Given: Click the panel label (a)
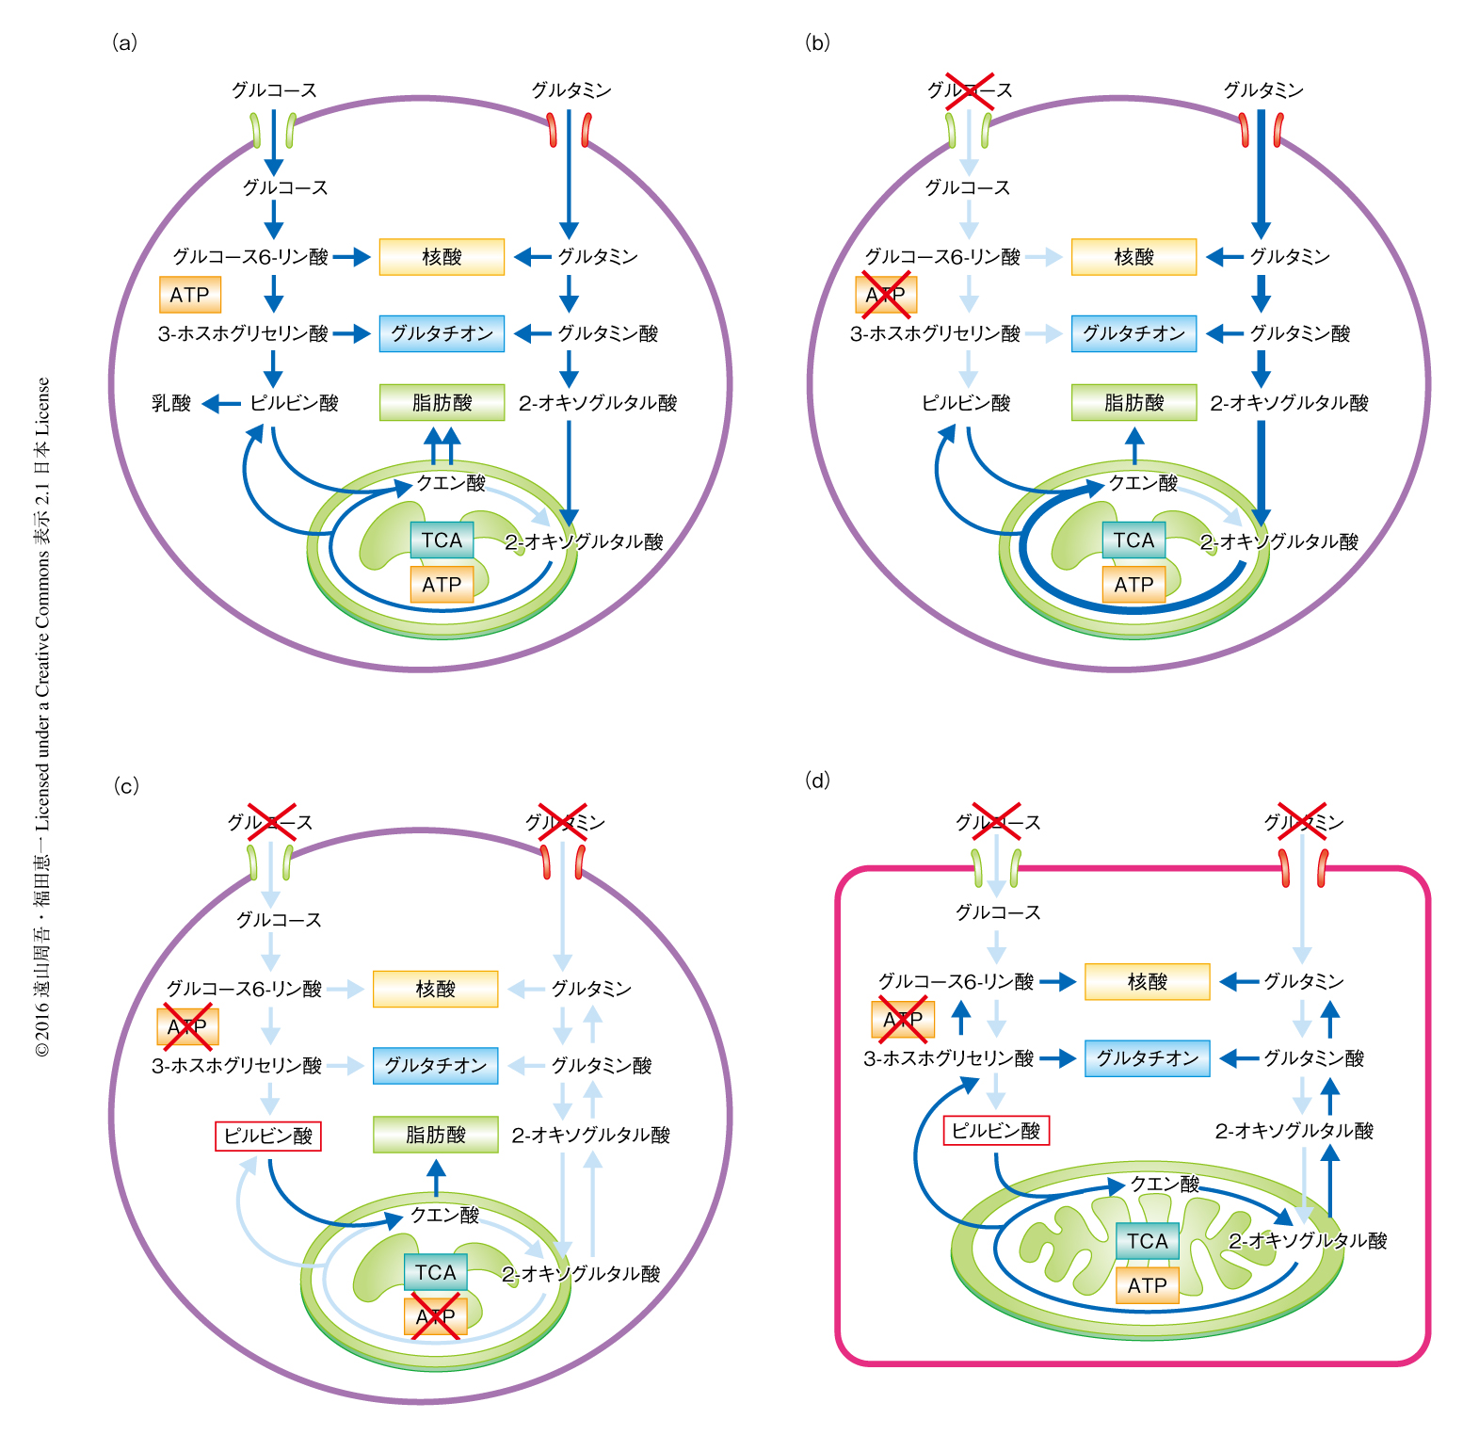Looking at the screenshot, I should pos(124,42).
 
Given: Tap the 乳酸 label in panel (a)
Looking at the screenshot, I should pos(171,403).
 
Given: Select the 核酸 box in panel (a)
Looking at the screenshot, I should pos(442,257).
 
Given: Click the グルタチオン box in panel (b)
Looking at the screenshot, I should pos(1133,333).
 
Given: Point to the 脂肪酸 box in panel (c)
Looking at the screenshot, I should pos(435,1135).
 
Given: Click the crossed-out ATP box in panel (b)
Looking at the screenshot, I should pos(885,295).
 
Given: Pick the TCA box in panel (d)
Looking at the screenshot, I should pos(1147,1241).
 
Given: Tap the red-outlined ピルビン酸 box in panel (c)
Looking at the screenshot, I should pos(268,1136).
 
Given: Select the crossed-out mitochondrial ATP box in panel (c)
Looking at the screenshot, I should pos(435,1315).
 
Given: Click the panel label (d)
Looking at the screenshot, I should pos(818,780).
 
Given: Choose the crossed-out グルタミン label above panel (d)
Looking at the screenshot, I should pos(1303,822).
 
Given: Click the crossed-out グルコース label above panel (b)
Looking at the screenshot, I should pos(970,90).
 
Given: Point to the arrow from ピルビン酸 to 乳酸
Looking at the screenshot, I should pos(222,404).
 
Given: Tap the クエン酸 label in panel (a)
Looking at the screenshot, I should pos(451,483).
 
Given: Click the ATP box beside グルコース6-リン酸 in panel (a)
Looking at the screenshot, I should pos(190,295).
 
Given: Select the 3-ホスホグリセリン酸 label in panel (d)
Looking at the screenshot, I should pos(948,1058).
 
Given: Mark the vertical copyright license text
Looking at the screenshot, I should pos(43,716).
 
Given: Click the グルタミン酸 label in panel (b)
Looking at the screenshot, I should pos(1299,333).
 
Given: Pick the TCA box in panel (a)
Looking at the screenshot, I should pos(442,540).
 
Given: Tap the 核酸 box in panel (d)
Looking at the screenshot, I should pos(1147,982).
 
